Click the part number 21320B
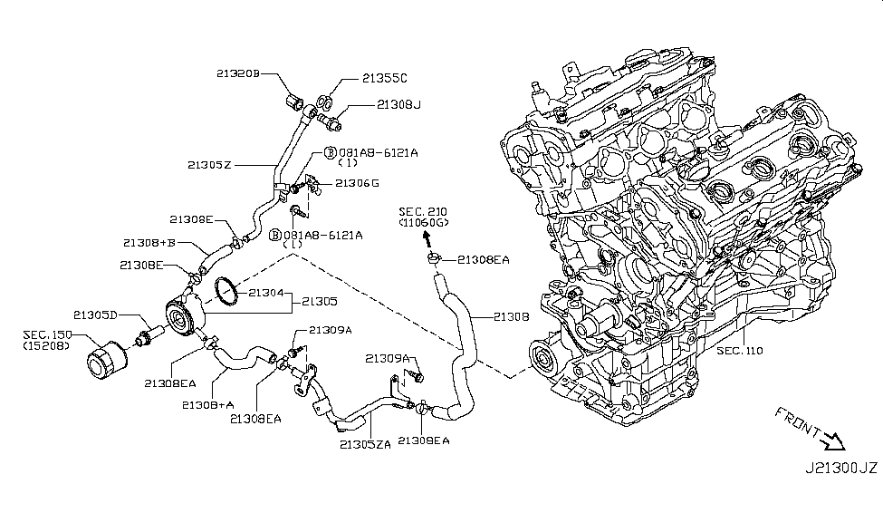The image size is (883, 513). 237,73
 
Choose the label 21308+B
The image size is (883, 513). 149,243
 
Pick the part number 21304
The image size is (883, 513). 266,293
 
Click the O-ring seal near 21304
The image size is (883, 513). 226,290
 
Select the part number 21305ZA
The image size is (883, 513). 366,443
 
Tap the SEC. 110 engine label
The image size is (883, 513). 739,349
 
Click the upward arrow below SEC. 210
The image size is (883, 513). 423,237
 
